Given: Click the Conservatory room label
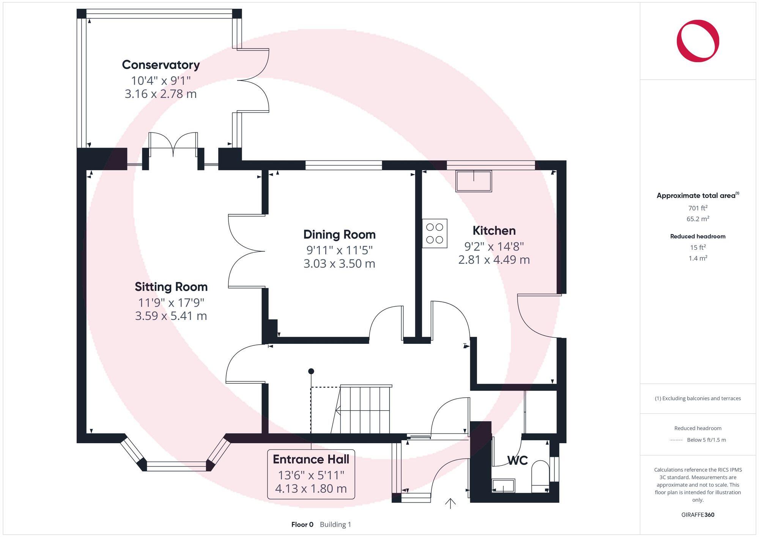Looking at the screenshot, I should (x=161, y=65).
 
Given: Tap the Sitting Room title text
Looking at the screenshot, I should (x=171, y=287).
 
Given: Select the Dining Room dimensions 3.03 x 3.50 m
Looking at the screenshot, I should (x=339, y=263).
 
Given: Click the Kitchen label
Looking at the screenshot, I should (x=494, y=230).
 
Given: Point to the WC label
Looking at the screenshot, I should (x=517, y=460).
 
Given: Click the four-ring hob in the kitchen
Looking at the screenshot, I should (x=435, y=233).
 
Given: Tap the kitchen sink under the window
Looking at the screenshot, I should (x=474, y=181).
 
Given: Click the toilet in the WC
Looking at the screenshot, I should (x=540, y=476).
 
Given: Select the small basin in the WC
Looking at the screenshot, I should (x=503, y=486).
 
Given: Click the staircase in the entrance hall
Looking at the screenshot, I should (x=365, y=410).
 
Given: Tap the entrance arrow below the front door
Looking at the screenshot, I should (x=450, y=504).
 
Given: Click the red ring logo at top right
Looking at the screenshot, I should (x=698, y=41).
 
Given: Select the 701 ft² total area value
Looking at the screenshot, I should (x=698, y=208).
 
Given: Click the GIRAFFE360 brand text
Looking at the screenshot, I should (x=698, y=515).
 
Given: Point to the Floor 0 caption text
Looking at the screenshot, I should (x=302, y=524).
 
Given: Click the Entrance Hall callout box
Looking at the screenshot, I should (x=311, y=474).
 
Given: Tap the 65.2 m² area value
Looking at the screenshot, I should (x=698, y=219).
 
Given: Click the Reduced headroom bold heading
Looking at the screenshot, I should (x=698, y=236).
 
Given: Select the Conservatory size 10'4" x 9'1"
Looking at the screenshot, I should (x=161, y=80).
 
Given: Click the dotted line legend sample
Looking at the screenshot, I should (x=676, y=440).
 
